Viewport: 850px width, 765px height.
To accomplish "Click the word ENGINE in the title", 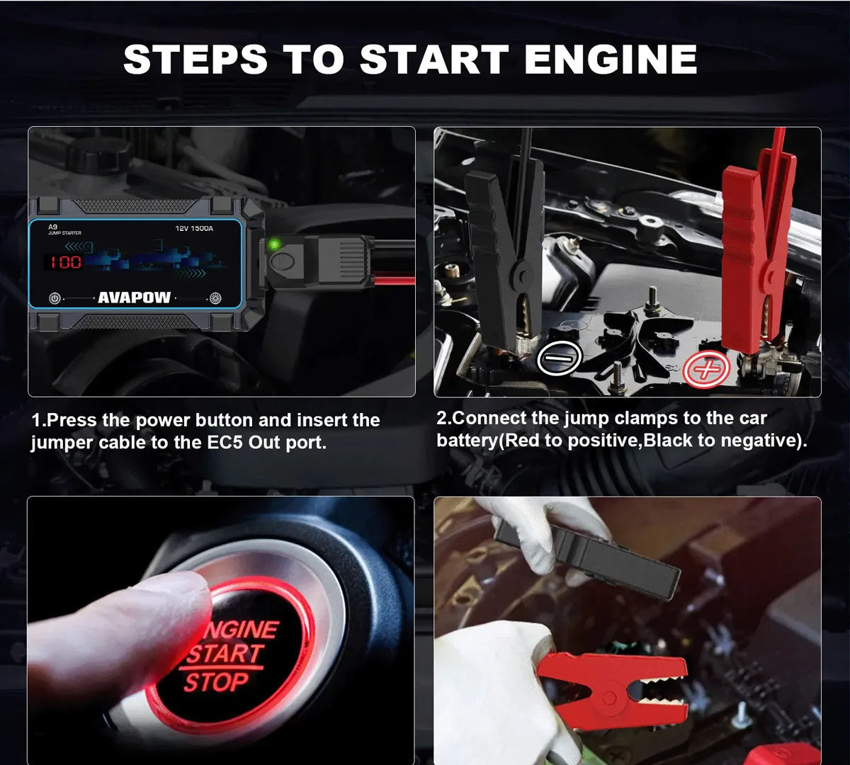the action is tap(611, 59).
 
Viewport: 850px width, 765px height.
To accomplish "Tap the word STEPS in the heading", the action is tap(195, 59).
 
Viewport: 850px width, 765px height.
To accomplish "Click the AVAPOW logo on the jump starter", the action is tap(135, 297).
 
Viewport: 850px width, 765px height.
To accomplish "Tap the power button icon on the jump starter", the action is tap(55, 298).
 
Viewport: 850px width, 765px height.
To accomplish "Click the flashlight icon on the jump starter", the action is tap(215, 298).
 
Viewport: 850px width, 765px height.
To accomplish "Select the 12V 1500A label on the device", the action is tap(194, 229).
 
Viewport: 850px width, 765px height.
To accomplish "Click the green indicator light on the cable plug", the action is tap(274, 244).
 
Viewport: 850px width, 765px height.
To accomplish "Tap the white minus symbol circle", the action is tap(559, 358).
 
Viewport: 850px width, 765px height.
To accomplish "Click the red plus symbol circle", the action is tap(706, 369).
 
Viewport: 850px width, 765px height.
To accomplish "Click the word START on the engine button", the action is tap(226, 654).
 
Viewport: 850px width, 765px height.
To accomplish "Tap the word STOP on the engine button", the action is tap(217, 682).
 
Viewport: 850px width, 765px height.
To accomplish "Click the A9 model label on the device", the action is tap(52, 227).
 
